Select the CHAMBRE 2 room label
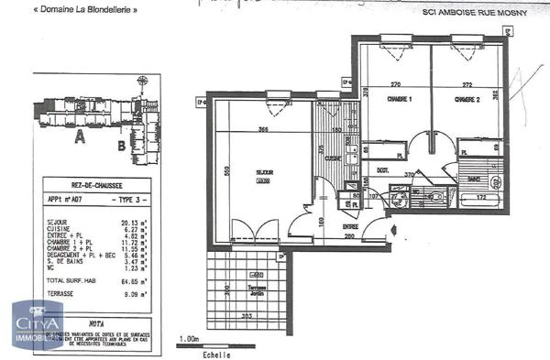tap(467, 99)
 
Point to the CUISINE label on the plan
tap(332, 158)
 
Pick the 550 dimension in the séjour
tap(225, 170)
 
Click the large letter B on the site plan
tap(121, 144)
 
